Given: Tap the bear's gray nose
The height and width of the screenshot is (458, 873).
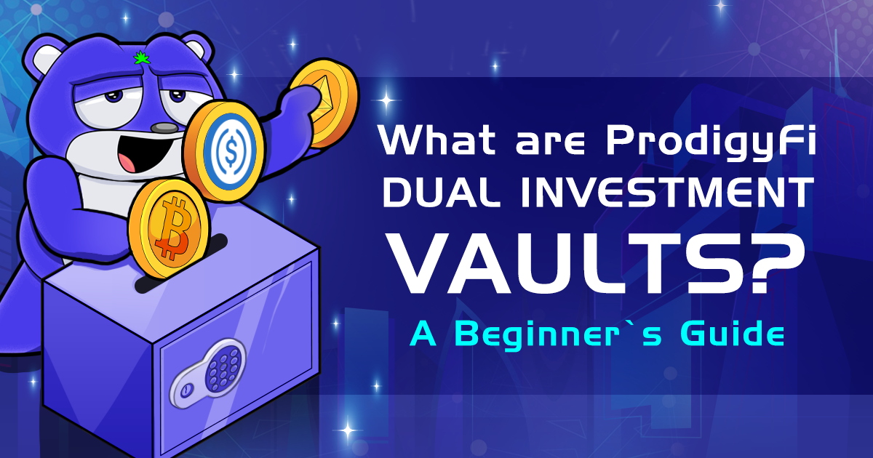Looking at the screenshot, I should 164,129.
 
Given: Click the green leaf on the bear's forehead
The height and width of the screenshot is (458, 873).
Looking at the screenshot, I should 137,57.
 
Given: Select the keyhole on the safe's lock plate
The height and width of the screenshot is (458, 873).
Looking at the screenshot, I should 186,391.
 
